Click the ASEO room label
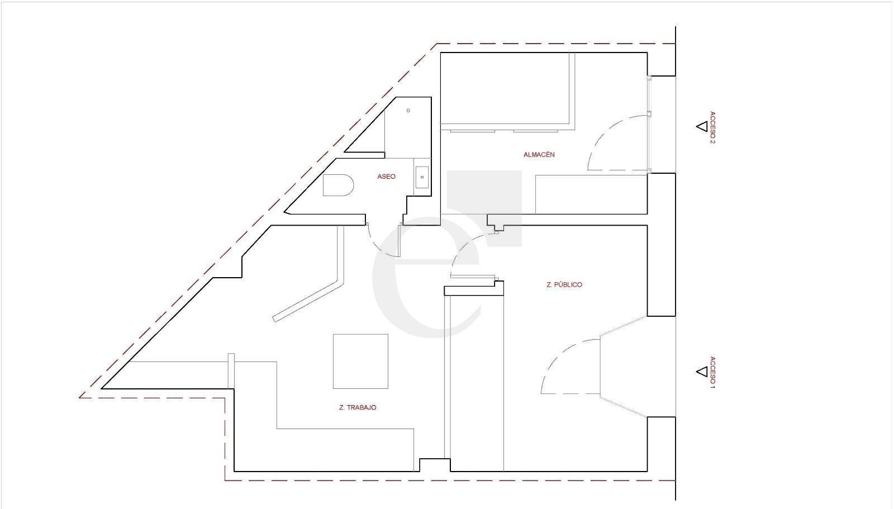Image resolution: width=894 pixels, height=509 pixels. (x=386, y=177)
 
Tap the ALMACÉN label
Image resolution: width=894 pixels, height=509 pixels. (x=539, y=155)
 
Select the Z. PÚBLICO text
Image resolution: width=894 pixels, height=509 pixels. (x=564, y=284)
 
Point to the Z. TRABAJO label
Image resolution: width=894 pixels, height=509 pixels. (x=357, y=408)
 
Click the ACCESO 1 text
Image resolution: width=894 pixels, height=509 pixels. (x=712, y=372)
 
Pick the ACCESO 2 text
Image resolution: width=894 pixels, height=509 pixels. (x=712, y=127)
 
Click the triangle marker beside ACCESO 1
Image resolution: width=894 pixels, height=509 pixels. (x=702, y=372)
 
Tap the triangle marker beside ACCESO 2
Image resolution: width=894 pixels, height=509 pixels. (x=702, y=126)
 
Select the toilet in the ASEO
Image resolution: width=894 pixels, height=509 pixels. (x=338, y=185)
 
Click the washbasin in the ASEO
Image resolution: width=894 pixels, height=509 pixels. (x=422, y=177)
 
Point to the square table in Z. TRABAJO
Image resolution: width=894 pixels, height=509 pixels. (x=360, y=361)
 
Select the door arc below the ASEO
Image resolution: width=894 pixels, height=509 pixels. (x=377, y=248)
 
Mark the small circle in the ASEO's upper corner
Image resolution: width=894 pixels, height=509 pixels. (x=408, y=111)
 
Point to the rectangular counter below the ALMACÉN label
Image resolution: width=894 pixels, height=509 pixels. (x=591, y=194)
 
